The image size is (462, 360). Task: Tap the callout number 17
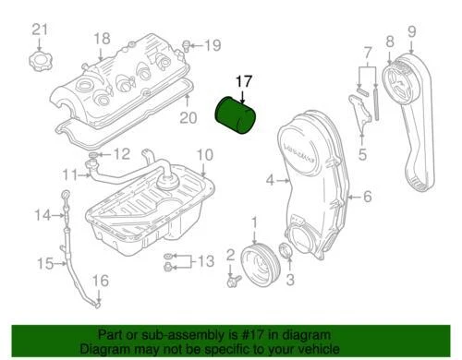(x=243, y=81)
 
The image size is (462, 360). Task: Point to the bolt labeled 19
(x=187, y=43)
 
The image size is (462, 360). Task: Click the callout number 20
(x=188, y=117)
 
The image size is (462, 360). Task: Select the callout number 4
(x=270, y=181)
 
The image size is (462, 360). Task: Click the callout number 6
(x=366, y=196)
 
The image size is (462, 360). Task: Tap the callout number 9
(x=411, y=32)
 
